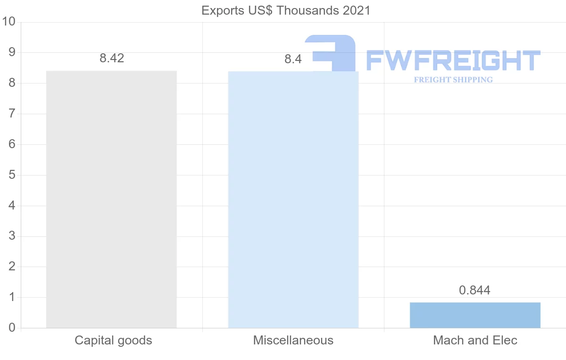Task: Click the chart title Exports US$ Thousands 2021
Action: pyautogui.click(x=286, y=10)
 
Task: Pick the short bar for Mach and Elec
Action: pyautogui.click(x=475, y=315)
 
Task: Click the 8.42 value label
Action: pyautogui.click(x=112, y=59)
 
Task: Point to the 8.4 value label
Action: pyautogui.click(x=293, y=59)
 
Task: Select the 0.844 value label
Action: pyautogui.click(x=474, y=290)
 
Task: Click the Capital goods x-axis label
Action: pyautogui.click(x=113, y=340)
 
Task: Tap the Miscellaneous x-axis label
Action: pyautogui.click(x=293, y=340)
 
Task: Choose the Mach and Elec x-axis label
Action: pyautogui.click(x=475, y=340)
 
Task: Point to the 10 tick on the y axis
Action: pyautogui.click(x=9, y=22)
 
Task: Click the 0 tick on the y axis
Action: pyautogui.click(x=12, y=328)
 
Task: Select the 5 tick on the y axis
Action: pyautogui.click(x=12, y=175)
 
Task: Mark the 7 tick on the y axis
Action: pyautogui.click(x=12, y=114)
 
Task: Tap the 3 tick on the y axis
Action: pyautogui.click(x=12, y=236)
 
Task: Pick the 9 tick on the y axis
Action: pyautogui.click(x=12, y=52)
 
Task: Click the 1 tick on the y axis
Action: pyautogui.click(x=12, y=297)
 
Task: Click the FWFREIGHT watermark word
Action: pyautogui.click(x=453, y=60)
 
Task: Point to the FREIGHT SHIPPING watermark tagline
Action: pyautogui.click(x=453, y=80)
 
